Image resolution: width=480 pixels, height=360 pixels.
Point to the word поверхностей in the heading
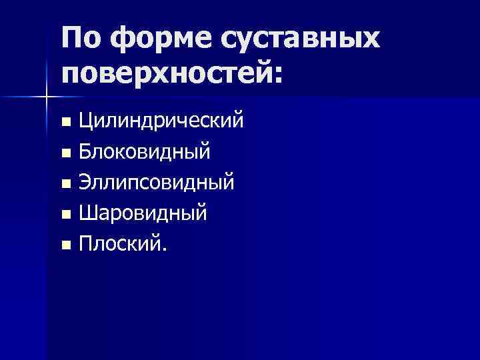[x=166, y=73]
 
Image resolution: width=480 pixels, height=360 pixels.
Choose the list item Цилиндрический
[x=160, y=122]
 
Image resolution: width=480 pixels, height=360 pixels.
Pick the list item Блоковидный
[x=145, y=153]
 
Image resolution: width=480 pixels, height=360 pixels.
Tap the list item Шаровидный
[x=143, y=214]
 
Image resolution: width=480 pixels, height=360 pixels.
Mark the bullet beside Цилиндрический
[x=65, y=123]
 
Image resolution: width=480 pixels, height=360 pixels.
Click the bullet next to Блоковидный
[x=65, y=154]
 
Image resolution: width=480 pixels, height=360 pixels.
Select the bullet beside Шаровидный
[x=65, y=215]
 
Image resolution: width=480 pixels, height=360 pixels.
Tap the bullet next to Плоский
[x=65, y=246]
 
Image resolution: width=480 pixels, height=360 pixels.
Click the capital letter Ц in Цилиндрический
[x=86, y=122]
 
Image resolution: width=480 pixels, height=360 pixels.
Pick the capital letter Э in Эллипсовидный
[x=85, y=183]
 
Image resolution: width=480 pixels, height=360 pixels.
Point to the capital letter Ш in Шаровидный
[x=87, y=213]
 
